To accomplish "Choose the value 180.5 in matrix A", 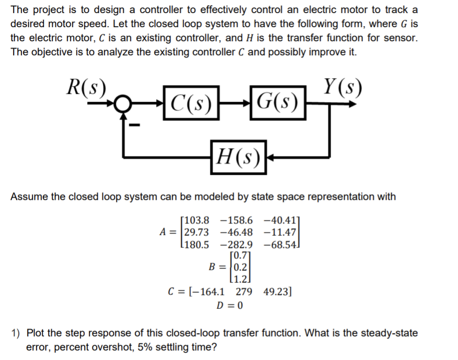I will click(x=194, y=244).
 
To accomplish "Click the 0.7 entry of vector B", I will click(x=239, y=256).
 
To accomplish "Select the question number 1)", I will click(x=17, y=333).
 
